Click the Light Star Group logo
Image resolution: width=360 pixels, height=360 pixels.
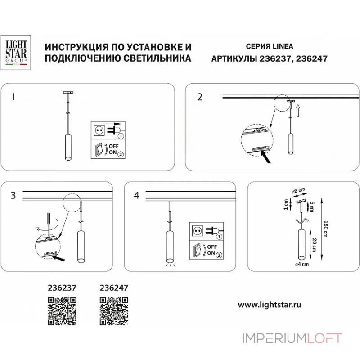[16, 53]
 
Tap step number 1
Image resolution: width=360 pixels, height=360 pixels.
[13, 97]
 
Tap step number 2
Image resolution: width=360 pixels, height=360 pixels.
[199, 97]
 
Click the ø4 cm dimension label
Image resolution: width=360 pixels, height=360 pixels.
[301, 265]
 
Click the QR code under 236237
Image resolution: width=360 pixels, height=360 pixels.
[61, 310]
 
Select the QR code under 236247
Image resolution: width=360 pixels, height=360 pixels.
[113, 310]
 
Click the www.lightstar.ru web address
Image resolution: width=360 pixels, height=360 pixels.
[269, 304]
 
